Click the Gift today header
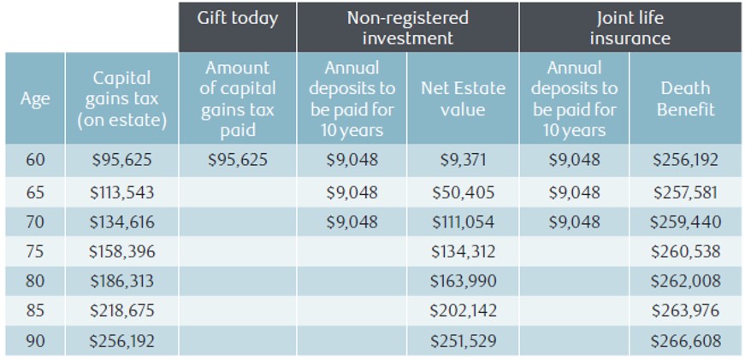tap(237, 19)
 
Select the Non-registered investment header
tap(407, 28)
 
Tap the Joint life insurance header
tap(630, 28)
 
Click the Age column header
tap(35, 98)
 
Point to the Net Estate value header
tap(463, 98)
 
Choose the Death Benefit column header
tap(685, 98)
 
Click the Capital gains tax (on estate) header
tap(121, 99)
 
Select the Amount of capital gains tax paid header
tap(238, 98)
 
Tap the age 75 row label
tap(35, 251)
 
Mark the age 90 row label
tap(35, 341)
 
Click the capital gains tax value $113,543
tap(121, 192)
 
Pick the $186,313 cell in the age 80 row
tap(121, 281)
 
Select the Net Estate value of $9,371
tap(463, 160)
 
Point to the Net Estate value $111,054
tap(463, 222)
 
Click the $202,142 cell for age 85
tap(463, 311)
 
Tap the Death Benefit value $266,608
tap(685, 341)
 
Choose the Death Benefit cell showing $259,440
tap(685, 222)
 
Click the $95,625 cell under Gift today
tap(238, 160)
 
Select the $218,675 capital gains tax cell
tap(121, 311)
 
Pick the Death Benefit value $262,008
tap(685, 281)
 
